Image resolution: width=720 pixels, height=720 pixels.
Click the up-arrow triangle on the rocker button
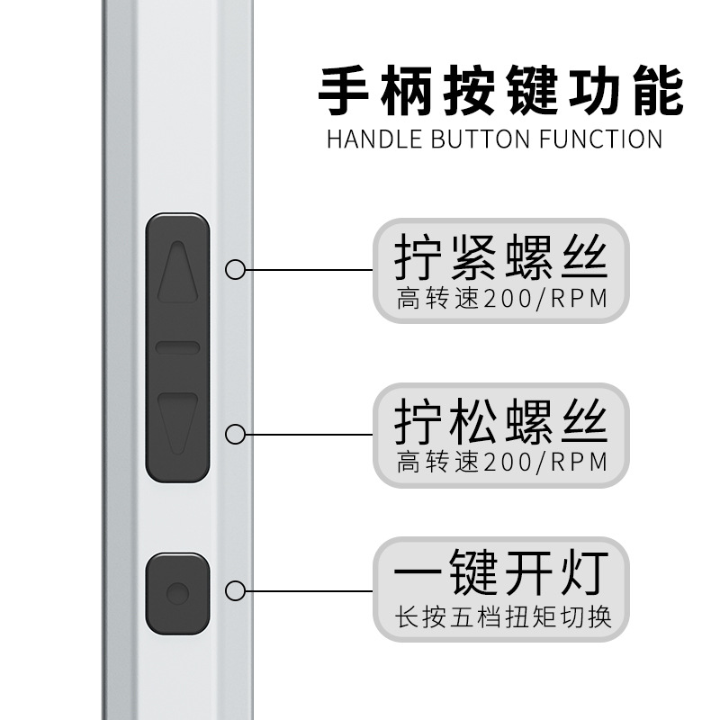[177, 273]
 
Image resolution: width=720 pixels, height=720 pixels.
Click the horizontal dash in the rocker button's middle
[177, 346]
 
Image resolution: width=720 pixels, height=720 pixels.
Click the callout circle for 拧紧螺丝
[236, 269]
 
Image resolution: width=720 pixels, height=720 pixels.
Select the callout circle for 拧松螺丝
[236, 435]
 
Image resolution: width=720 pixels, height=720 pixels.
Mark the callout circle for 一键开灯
[236, 591]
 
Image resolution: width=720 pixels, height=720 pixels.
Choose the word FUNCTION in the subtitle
[607, 139]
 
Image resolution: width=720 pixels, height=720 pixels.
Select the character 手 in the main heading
[347, 92]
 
